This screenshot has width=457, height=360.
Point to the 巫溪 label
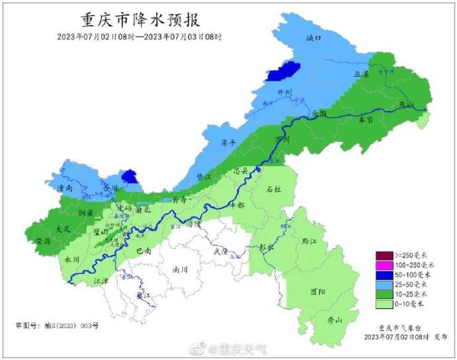coord(361,75)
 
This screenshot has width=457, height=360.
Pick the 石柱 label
coord(273,188)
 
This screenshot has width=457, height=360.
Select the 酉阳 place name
coord(319,292)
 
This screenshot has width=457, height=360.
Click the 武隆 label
coord(221,250)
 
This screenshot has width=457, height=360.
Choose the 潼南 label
coord(65,186)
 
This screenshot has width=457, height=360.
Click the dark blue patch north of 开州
coord(282,72)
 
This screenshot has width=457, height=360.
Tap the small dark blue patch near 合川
coord(130,177)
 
